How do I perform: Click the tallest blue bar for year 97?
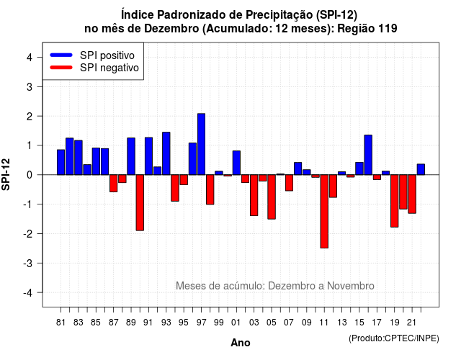coord(202,144)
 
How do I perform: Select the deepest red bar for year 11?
coord(324,211)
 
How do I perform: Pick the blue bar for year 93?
coord(166,153)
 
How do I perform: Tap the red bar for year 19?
coord(395,201)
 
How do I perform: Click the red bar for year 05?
coord(272,197)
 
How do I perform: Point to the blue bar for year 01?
coord(236,163)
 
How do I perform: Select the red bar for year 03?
coord(254,195)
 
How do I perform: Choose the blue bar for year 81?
coord(61,162)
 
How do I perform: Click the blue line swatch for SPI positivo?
coord(61,55)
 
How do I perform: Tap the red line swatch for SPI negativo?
coord(61,68)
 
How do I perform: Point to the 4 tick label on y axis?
coord(30,58)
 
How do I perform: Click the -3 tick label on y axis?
coord(28,263)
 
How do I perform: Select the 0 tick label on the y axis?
coord(30,175)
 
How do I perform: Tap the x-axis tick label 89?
coord(131,323)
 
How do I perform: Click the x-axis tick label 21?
coord(411,323)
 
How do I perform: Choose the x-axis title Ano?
coord(241,343)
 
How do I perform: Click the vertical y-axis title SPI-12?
coord(6,174)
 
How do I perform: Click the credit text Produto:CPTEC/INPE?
coord(394,338)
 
